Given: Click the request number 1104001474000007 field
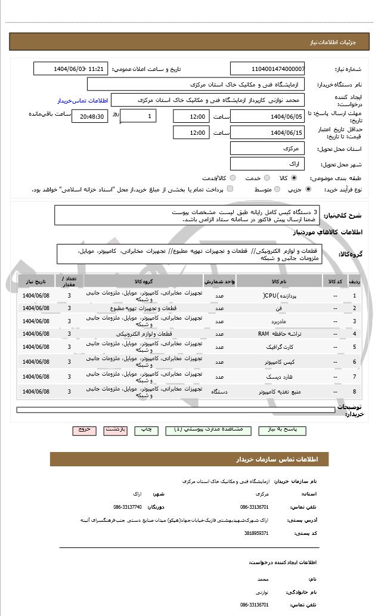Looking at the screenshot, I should pos(267,69).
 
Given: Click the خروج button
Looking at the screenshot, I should pos(84,429).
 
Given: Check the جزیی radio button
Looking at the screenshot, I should pos(308,189).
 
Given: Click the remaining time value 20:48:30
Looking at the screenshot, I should pos(89,116).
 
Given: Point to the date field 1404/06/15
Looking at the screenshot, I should pos(267,132).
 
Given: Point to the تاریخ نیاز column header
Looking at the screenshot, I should pos(36,280).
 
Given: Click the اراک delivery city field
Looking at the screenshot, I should pos(267,163).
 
